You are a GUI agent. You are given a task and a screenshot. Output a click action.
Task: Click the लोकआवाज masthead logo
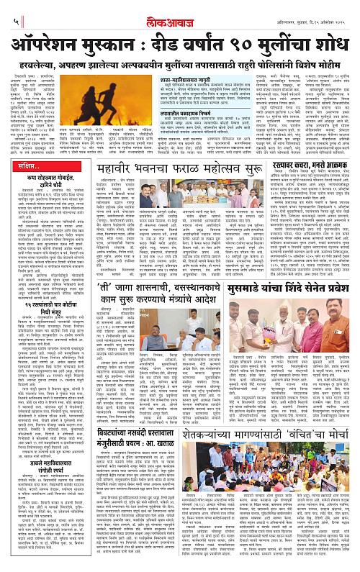(x=180, y=11)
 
